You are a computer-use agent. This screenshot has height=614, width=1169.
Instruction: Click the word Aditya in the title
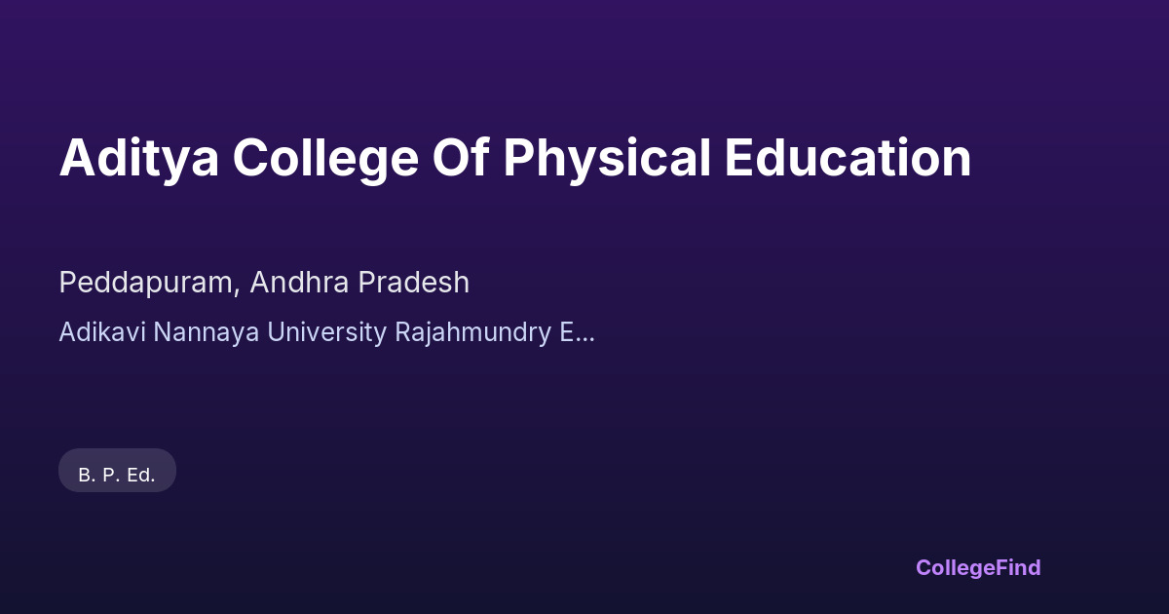click(x=138, y=159)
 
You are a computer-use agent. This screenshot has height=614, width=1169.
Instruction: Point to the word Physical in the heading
click(x=607, y=159)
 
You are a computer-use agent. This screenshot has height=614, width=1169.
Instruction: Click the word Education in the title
click(x=848, y=158)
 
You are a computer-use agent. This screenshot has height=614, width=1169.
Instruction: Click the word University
click(x=326, y=332)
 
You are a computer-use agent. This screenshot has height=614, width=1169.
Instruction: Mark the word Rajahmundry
click(x=472, y=332)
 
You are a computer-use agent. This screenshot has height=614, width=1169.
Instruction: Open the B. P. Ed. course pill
click(x=117, y=471)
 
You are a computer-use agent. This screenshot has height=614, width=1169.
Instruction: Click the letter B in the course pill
click(x=85, y=476)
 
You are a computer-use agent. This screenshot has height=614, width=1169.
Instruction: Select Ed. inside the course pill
click(x=140, y=476)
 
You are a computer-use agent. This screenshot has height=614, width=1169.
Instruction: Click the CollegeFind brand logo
click(x=978, y=567)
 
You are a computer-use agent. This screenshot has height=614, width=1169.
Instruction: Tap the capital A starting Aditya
click(x=76, y=159)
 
